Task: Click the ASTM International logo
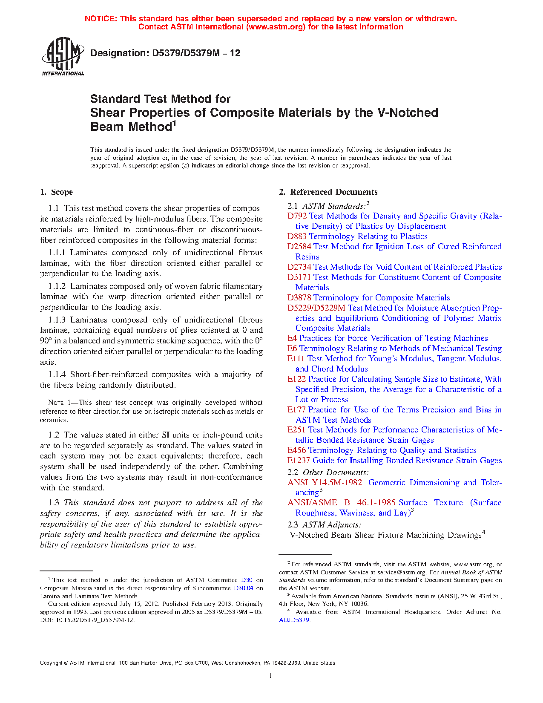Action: [x=63, y=57]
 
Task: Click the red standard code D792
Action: [x=297, y=216]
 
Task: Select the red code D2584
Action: [x=299, y=247]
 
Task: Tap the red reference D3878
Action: [x=299, y=298]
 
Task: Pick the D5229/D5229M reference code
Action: [x=316, y=308]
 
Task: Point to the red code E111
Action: [x=296, y=359]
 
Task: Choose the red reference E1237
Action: [x=299, y=461]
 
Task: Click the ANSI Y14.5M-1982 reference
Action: [x=325, y=483]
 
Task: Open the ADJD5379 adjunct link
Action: [x=294, y=620]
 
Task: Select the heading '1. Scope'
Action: [x=57, y=192]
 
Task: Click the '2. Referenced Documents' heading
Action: [x=328, y=192]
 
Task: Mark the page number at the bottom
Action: [x=271, y=675]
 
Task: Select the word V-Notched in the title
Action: [x=408, y=113]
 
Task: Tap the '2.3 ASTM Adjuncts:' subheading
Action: [x=325, y=525]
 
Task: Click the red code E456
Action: [x=296, y=450]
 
